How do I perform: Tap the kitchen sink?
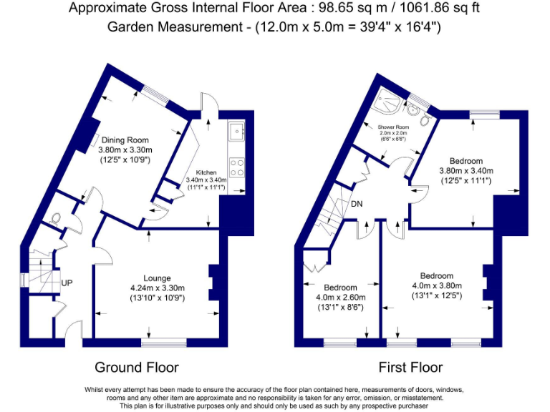[x=236, y=132]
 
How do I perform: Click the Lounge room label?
[x=152, y=278]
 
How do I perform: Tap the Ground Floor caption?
[x=137, y=368]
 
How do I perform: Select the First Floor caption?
[x=411, y=368]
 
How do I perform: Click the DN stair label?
[x=357, y=205]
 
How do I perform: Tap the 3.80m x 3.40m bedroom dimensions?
[x=466, y=171]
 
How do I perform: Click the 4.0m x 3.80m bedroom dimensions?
[x=436, y=286]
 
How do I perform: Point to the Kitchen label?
[x=206, y=172]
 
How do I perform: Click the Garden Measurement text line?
[x=274, y=27]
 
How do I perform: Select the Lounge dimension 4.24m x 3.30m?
[x=152, y=288]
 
